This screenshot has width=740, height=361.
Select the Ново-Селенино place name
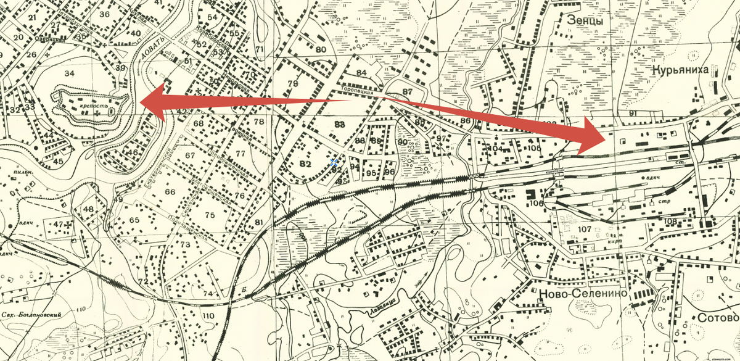(583, 294)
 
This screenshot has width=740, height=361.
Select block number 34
(70, 74)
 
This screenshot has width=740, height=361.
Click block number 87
(406, 92)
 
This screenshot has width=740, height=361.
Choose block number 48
(89, 209)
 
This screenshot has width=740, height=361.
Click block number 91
(633, 114)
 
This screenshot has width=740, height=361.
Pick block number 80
(321, 49)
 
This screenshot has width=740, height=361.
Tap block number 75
(210, 215)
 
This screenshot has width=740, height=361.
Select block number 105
(533, 148)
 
